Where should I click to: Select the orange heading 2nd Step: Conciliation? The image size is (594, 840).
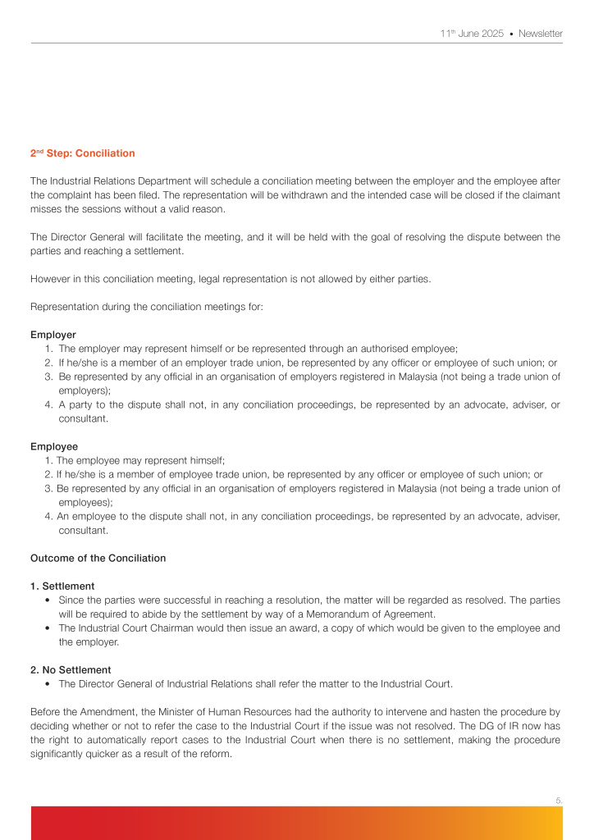pyautogui.click(x=83, y=153)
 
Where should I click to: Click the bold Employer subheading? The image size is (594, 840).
pyautogui.click(x=53, y=335)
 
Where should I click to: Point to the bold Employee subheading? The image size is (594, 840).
pyautogui.click(x=54, y=446)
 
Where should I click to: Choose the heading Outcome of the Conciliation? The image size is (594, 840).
pyautogui.click(x=98, y=558)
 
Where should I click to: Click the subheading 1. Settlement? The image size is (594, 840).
pyautogui.click(x=62, y=586)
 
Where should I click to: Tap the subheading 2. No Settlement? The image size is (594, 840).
pyautogui.click(x=71, y=669)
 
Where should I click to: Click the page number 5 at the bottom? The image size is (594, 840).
pyautogui.click(x=559, y=800)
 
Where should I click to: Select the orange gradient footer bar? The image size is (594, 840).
pyautogui.click(x=297, y=823)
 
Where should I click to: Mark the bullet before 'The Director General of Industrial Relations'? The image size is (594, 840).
pyautogui.click(x=49, y=683)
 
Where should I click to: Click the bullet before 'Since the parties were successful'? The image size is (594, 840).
pyautogui.click(x=49, y=600)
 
